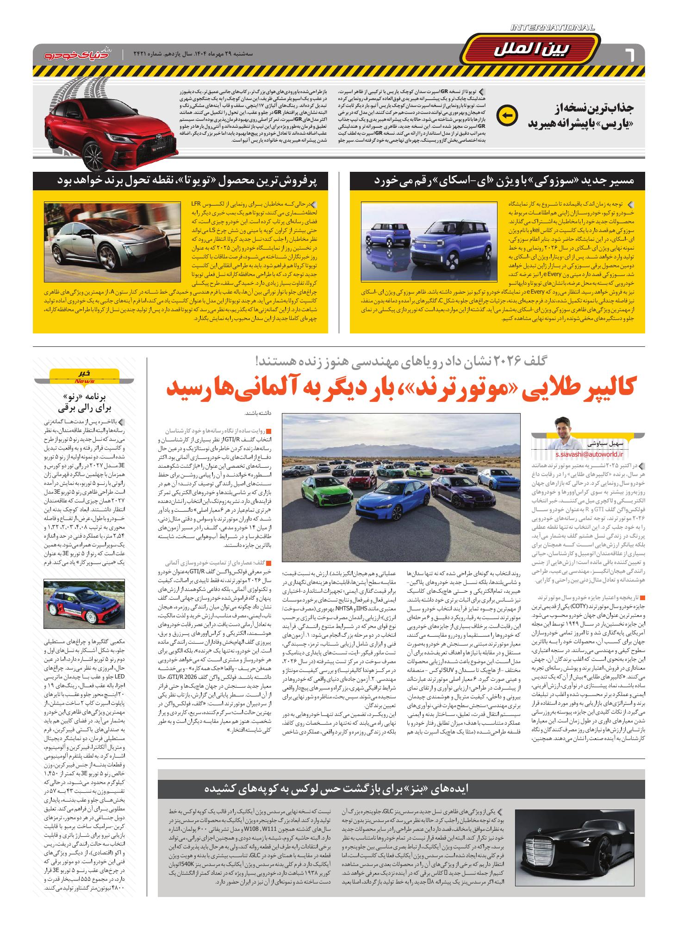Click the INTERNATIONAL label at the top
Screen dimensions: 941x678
pyautogui.click(x=552, y=28)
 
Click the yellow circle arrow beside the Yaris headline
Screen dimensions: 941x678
pyautogui.click(x=504, y=116)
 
